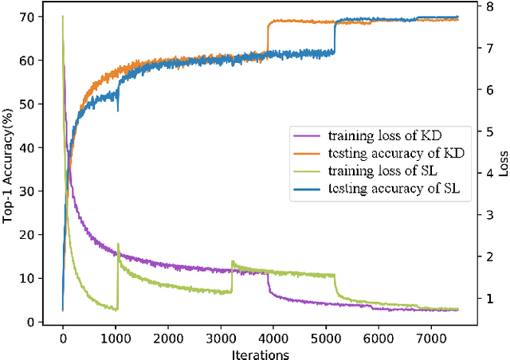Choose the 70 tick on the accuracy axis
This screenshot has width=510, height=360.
tap(37, 17)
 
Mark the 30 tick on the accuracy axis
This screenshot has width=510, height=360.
tap(37, 191)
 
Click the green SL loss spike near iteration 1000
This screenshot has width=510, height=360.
tap(118, 245)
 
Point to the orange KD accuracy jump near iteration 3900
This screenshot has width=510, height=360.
tap(268, 36)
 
